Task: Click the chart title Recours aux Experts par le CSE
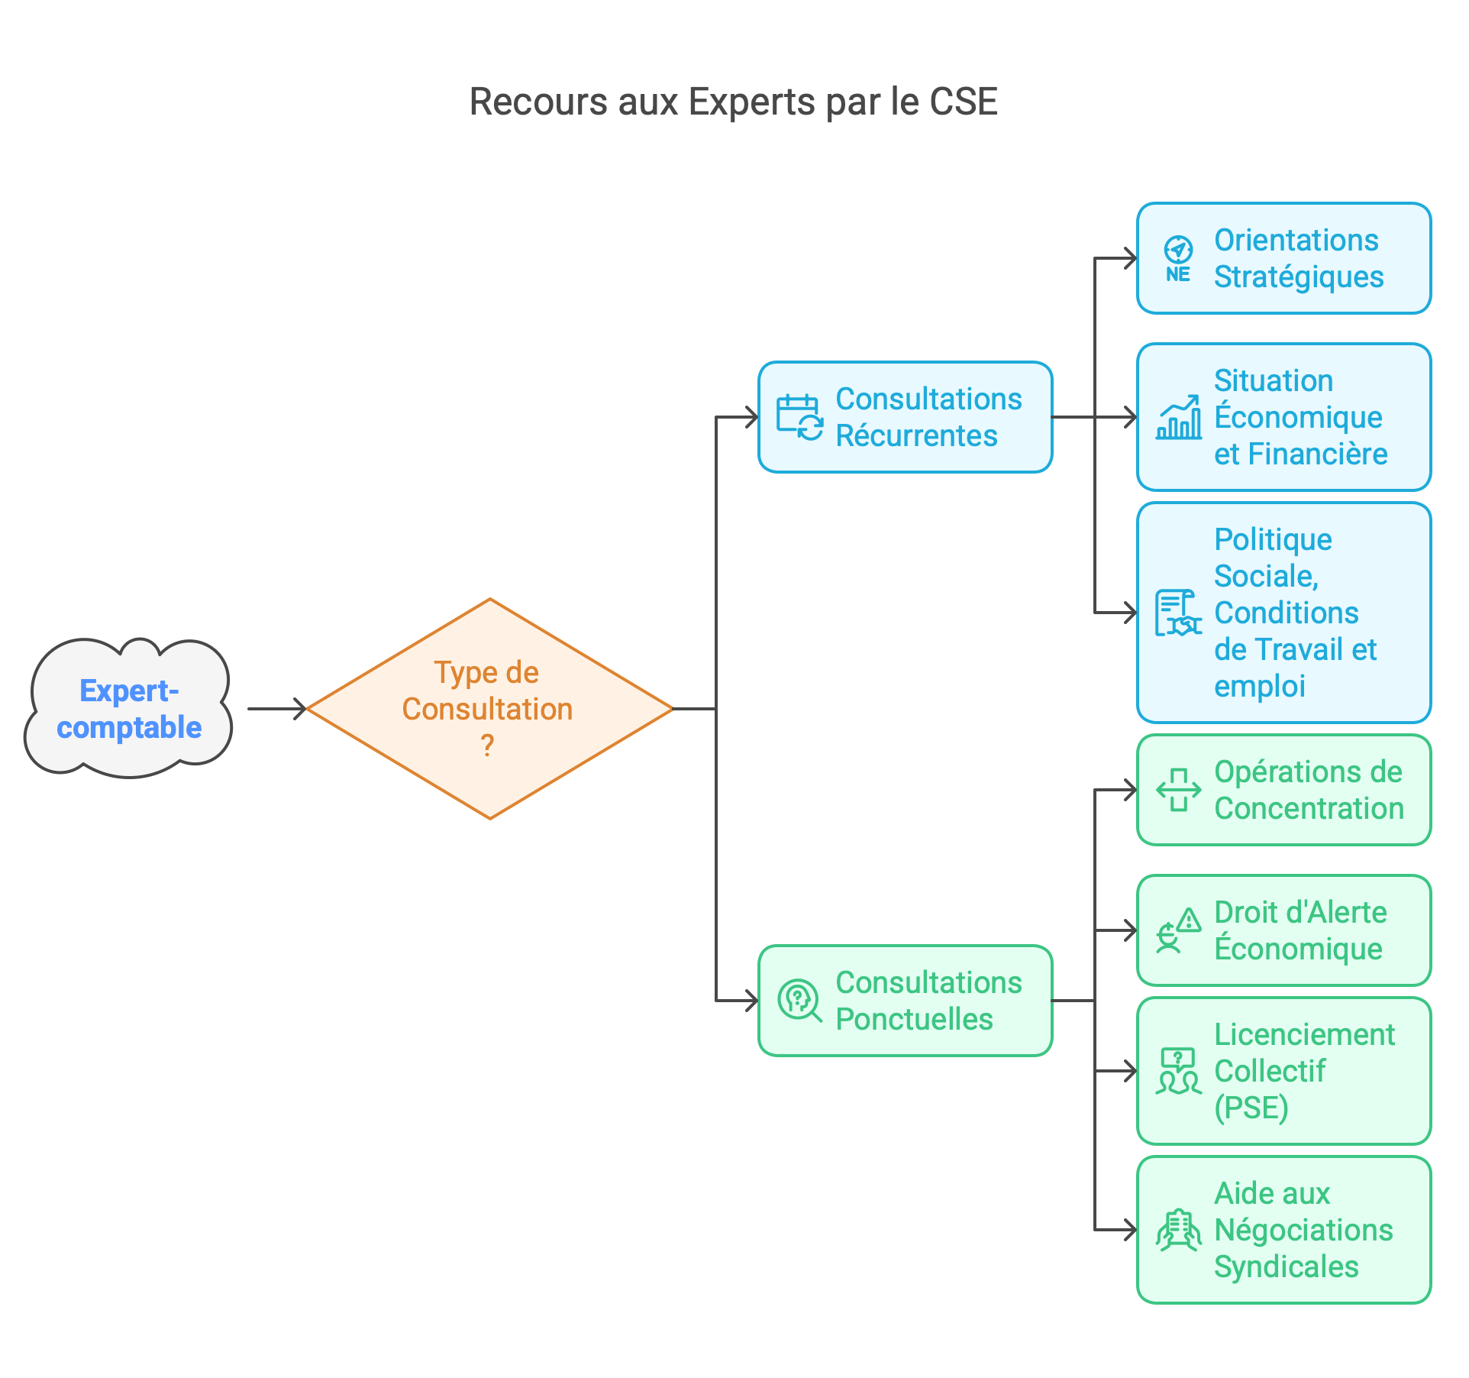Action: [733, 102]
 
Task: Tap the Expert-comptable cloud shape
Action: [128, 709]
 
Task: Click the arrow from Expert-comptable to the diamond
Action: [276, 709]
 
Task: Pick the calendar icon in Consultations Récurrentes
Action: [799, 417]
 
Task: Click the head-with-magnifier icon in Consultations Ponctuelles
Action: [799, 1001]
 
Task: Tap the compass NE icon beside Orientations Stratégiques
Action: [1178, 258]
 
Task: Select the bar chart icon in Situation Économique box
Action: [1178, 418]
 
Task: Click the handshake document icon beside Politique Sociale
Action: [1177, 613]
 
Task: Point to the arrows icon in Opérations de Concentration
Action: [1178, 790]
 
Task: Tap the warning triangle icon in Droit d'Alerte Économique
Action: [1188, 920]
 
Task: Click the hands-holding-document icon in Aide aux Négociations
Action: [1178, 1230]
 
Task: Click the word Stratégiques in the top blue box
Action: [1298, 277]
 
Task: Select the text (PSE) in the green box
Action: [1251, 1108]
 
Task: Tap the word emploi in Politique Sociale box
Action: [1259, 686]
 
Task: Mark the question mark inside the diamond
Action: [487, 746]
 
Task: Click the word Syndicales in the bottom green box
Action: [1286, 1266]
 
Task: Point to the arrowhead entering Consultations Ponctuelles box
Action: [751, 1001]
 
